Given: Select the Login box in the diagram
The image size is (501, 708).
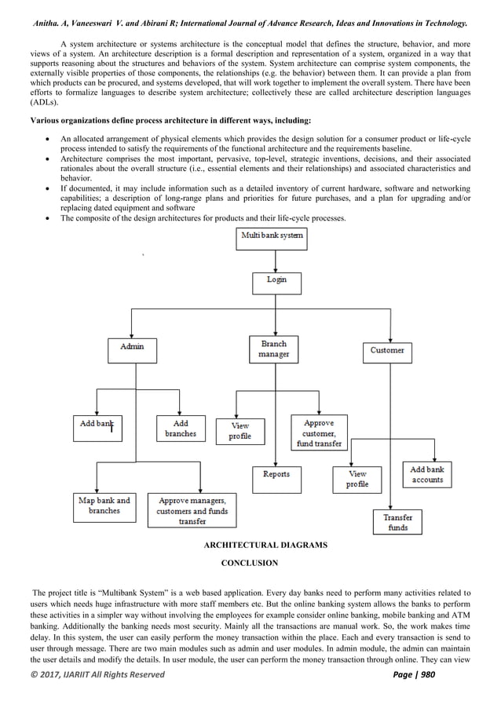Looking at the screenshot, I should point(276,280).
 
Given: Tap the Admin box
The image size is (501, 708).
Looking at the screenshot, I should point(131,347).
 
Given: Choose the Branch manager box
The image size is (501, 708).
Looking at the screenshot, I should point(273,349).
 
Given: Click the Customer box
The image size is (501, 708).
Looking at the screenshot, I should point(387,351).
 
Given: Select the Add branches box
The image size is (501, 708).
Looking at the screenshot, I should point(181,429).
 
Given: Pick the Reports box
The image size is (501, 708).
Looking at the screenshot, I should point(276,475).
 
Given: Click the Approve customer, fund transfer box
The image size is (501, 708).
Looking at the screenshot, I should point(318,432).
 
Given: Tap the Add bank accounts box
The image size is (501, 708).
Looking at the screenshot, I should point(427,475).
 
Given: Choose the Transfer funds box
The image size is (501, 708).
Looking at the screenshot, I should point(397,523).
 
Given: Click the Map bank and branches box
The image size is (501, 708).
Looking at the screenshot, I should point(104,505).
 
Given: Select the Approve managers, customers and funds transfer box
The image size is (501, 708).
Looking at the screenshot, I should point(192,510).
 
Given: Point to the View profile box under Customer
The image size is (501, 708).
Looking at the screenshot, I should point(357,480).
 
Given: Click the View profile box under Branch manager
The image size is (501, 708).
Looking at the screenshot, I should point(240,431).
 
